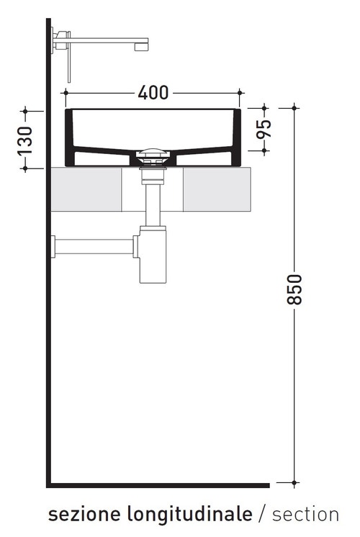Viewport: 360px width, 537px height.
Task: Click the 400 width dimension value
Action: pos(153,93)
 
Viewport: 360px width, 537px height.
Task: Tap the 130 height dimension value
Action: pos(25,140)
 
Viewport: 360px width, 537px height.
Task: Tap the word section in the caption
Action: pos(305,514)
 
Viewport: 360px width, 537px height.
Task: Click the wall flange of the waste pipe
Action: pos(53,246)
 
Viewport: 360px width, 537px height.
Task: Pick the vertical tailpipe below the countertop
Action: pos(151,205)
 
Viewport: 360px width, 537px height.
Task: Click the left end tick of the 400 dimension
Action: pos(66,93)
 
